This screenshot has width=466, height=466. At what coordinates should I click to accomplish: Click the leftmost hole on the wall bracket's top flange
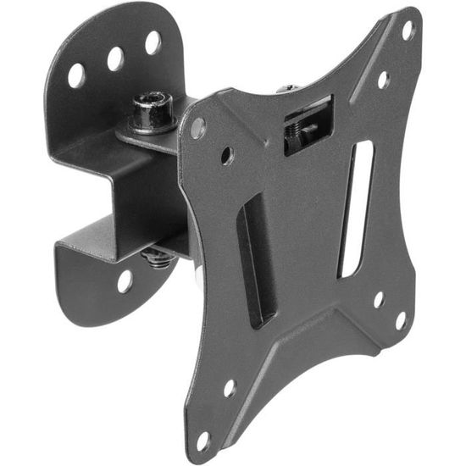click(76, 75)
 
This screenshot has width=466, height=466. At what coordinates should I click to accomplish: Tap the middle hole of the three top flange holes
click(115, 58)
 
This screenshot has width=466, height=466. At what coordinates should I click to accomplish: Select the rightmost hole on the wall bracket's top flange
click(153, 42)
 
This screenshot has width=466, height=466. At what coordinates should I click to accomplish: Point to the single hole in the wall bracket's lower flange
click(125, 280)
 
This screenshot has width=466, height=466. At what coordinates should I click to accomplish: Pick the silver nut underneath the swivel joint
click(158, 253)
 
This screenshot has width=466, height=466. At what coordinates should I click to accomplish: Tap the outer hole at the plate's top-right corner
click(408, 31)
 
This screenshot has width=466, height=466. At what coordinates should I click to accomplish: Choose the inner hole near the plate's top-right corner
click(383, 80)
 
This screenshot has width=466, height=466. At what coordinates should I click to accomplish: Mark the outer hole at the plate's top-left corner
click(198, 128)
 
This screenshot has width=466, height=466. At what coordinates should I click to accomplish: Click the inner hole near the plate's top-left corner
click(227, 156)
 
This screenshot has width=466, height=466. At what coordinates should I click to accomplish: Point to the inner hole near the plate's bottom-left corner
click(229, 388)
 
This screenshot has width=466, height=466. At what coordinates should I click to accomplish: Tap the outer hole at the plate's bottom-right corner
click(400, 319)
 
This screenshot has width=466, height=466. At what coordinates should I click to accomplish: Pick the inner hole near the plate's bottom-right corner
click(378, 300)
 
